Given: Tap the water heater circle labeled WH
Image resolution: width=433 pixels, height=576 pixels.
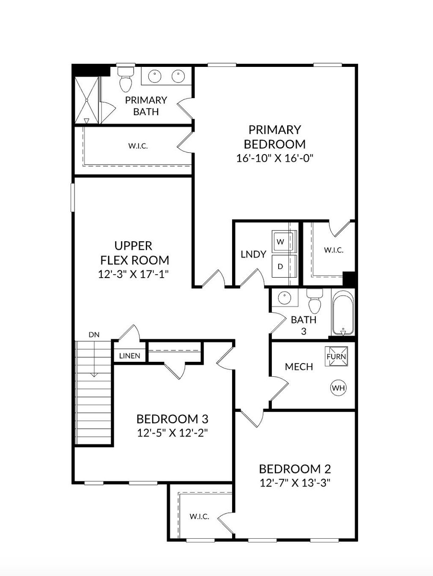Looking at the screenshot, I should (x=338, y=388).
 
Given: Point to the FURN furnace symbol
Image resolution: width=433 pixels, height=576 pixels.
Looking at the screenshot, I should (x=337, y=356).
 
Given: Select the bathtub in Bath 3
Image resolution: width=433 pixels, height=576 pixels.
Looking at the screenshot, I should (x=343, y=313).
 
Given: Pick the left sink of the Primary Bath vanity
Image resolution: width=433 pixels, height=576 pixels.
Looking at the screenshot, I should (x=156, y=76).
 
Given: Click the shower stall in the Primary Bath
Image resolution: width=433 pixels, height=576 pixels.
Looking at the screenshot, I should (x=87, y=100).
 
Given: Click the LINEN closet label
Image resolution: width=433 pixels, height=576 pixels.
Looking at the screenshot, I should (x=129, y=356).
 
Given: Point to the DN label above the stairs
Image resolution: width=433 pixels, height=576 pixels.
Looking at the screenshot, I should (x=94, y=335).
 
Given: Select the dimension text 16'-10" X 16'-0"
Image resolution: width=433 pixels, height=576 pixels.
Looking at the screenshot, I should (x=274, y=158).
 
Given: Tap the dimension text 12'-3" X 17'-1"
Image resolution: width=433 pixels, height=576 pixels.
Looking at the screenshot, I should (x=133, y=274).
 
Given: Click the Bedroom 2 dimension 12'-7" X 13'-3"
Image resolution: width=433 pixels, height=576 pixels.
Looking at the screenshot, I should (x=295, y=483).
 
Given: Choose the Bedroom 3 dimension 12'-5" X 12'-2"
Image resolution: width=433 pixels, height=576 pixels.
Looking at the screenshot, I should (x=172, y=433).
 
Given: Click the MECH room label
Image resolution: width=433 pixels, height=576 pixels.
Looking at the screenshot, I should (x=299, y=367).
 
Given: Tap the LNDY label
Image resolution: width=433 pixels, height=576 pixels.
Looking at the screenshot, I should (x=253, y=254).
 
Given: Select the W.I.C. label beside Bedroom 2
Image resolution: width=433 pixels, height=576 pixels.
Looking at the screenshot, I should (x=199, y=516).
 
